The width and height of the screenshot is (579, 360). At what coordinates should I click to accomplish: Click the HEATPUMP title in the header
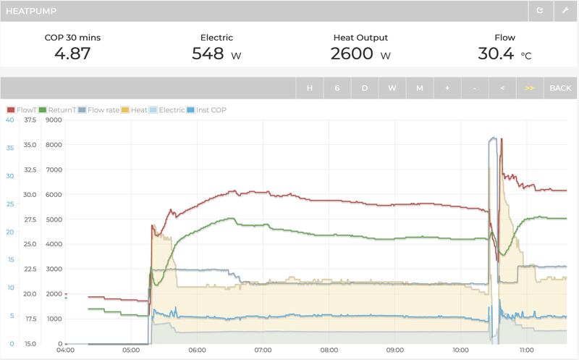pyautogui.click(x=32, y=11)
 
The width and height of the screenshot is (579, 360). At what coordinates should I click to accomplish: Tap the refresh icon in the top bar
pyautogui.click(x=539, y=11)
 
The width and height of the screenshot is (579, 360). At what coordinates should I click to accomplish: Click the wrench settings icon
pyautogui.click(x=565, y=11)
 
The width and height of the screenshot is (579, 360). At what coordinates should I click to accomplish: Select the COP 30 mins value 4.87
pyautogui.click(x=72, y=54)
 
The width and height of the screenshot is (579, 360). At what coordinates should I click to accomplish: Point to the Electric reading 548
pyautogui.click(x=208, y=54)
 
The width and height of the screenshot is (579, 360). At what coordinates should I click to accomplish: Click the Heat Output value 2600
pyautogui.click(x=352, y=54)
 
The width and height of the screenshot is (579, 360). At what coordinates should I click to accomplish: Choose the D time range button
pyautogui.click(x=365, y=88)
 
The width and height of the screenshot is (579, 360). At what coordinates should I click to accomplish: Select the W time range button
pyautogui.click(x=392, y=88)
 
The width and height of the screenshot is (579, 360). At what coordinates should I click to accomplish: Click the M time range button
pyautogui.click(x=420, y=88)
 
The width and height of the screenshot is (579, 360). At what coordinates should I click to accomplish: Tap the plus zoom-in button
pyautogui.click(x=447, y=88)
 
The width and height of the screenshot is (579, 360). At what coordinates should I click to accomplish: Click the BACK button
pyautogui.click(x=560, y=88)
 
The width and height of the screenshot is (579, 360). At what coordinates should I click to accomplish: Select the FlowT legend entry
pyautogui.click(x=21, y=110)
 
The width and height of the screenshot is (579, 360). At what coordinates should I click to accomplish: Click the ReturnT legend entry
pyautogui.click(x=57, y=110)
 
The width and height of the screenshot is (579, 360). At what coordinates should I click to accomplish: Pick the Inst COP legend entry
pyautogui.click(x=206, y=110)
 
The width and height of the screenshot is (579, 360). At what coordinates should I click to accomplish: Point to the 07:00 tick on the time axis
pyautogui.click(x=263, y=351)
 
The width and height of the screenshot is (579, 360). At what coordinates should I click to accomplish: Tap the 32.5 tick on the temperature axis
pyautogui.click(x=30, y=169)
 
